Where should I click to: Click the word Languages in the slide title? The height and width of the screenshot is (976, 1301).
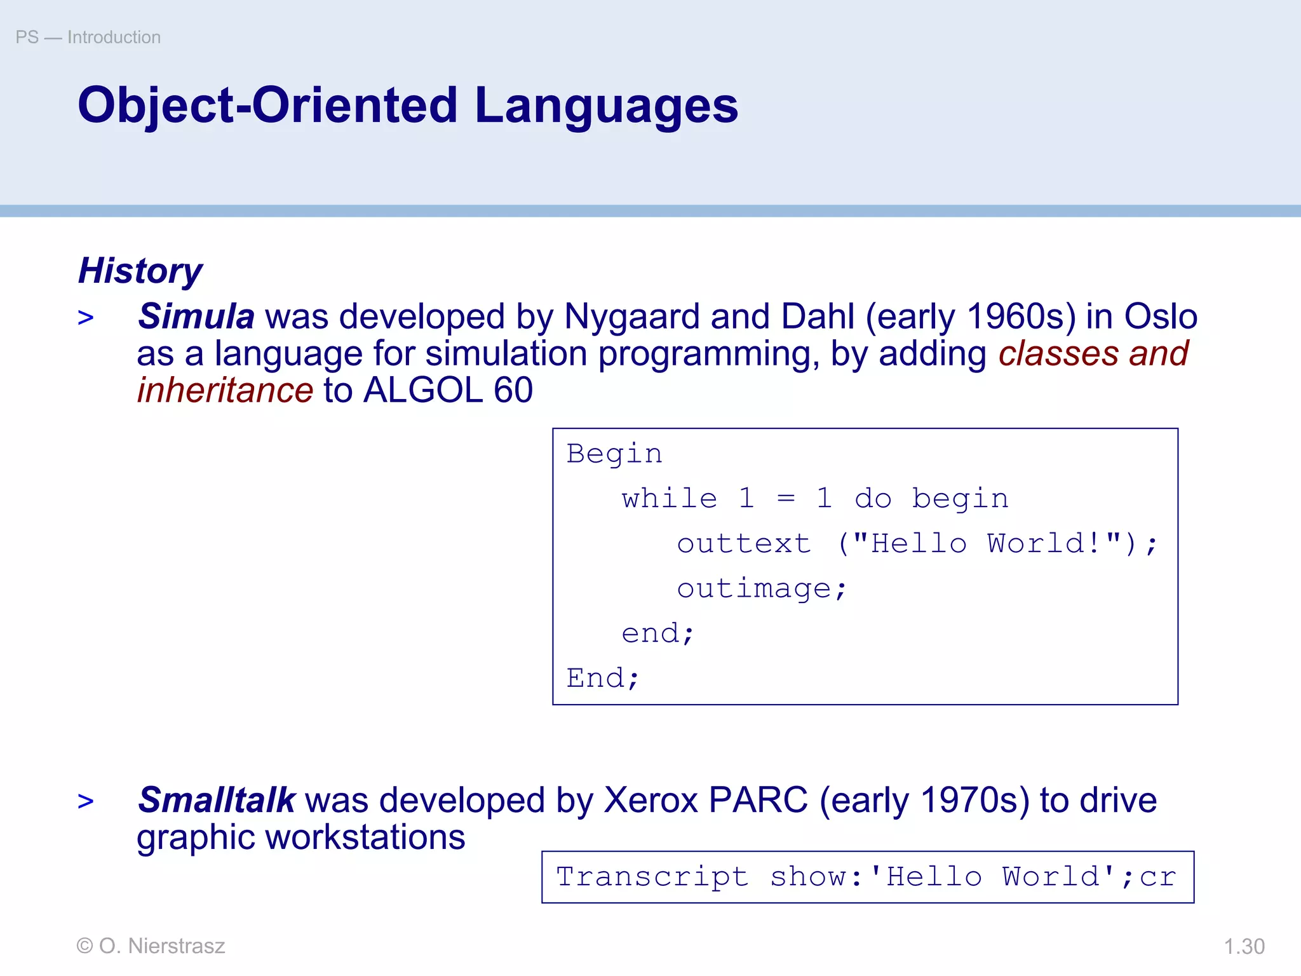pos(606,106)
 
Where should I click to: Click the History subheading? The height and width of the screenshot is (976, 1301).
pos(140,271)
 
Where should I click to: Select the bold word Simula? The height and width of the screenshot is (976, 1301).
pos(196,316)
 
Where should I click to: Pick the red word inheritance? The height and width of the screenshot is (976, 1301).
pos(226,390)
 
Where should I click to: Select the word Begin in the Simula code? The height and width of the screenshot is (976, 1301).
pos(614,454)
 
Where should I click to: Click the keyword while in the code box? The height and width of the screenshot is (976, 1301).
pos(670,499)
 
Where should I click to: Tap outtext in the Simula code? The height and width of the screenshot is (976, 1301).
pos(744,544)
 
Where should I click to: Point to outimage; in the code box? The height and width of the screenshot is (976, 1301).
pos(761,589)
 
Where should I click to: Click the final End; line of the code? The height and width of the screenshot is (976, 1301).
pos(602,679)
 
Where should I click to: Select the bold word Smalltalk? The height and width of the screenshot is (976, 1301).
pos(217,800)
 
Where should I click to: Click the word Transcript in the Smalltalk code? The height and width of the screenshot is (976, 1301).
pos(652,878)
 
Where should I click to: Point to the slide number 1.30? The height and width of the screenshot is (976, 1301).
pos(1244,947)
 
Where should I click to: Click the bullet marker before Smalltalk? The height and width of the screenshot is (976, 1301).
pos(86,801)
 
